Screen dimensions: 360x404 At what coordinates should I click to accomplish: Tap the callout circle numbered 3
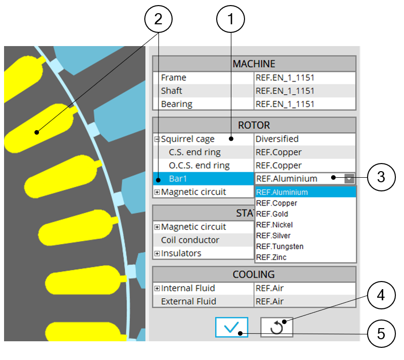pyautogui.click(x=381, y=178)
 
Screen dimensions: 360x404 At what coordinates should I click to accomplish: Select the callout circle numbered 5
pyautogui.click(x=381, y=334)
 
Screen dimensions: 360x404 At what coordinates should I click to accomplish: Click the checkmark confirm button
pyautogui.click(x=231, y=328)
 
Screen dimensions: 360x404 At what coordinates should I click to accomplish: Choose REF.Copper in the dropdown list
pyautogui.click(x=276, y=203)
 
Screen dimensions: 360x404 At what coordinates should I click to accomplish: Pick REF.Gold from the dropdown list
pyautogui.click(x=274, y=214)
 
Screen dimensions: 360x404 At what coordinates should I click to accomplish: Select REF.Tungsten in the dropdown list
pyautogui.click(x=279, y=247)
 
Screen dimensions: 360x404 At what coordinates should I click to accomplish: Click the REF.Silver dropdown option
pyautogui.click(x=275, y=235)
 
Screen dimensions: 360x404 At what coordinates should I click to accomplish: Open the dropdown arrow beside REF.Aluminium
pyautogui.click(x=349, y=178)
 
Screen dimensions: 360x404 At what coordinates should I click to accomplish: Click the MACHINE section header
pyautogui.click(x=254, y=64)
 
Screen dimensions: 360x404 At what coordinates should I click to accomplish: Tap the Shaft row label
pyautogui.click(x=172, y=91)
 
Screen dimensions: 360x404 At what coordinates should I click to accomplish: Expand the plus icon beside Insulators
pyautogui.click(x=157, y=253)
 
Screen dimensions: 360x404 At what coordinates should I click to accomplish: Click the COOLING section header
pyautogui.click(x=254, y=274)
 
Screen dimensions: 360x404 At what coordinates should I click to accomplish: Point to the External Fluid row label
pyautogui.click(x=188, y=301)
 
